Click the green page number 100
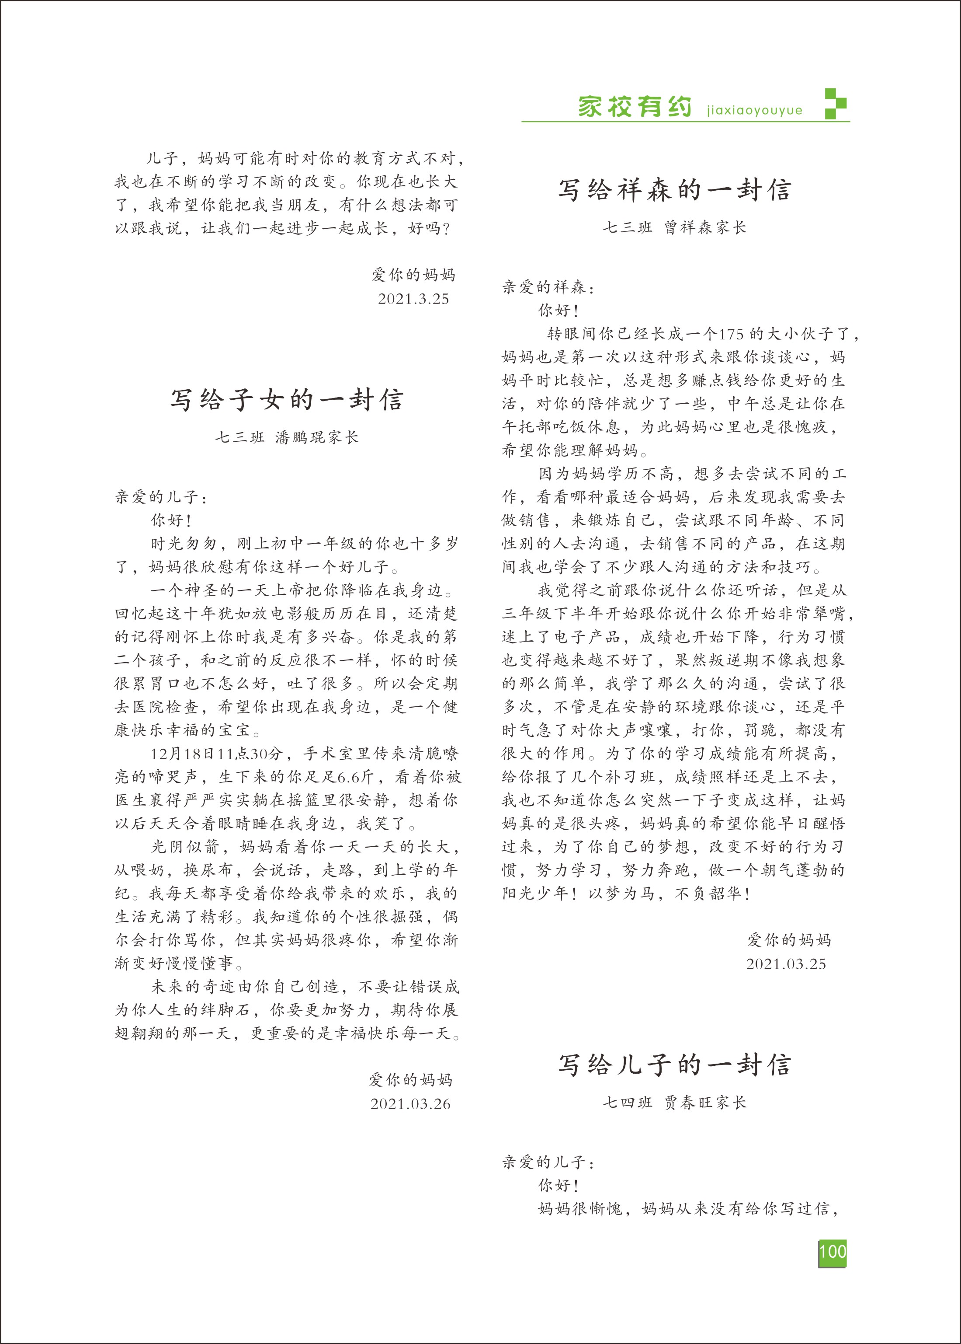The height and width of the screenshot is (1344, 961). [x=832, y=1252]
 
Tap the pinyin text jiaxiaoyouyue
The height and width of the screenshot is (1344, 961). [x=754, y=111]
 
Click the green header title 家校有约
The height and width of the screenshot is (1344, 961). [x=635, y=107]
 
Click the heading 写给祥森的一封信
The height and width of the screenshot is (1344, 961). [x=675, y=190]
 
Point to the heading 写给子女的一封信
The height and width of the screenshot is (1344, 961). [x=287, y=400]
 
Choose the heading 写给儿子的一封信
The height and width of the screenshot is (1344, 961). [x=675, y=1065]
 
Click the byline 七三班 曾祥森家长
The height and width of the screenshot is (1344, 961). [x=675, y=227]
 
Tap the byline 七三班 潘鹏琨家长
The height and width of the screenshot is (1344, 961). [x=287, y=437]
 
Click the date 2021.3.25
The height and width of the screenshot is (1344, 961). [x=413, y=298]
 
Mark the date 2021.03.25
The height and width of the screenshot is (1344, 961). [x=786, y=964]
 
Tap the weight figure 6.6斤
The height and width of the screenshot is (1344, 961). [x=355, y=777]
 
